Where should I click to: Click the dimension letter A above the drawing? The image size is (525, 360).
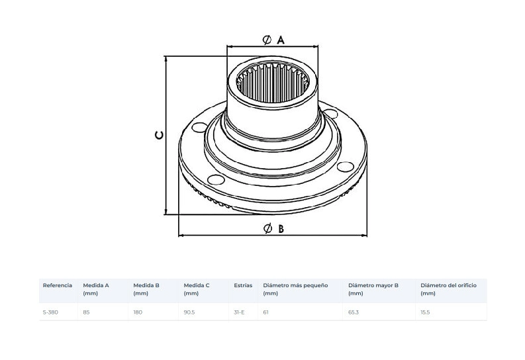[x=281, y=40]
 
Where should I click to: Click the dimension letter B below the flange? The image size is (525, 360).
[x=281, y=229]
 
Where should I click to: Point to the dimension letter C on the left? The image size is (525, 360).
[x=160, y=135]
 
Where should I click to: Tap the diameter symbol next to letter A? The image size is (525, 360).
[x=267, y=40]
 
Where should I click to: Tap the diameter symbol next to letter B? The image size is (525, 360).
[x=268, y=229]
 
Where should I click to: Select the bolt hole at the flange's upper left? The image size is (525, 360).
[x=199, y=128]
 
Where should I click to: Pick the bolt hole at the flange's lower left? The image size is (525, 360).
[x=216, y=179]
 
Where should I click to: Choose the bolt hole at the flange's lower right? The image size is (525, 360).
[x=345, y=167]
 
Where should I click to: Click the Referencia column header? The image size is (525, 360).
[x=57, y=285]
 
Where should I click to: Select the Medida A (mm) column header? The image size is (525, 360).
[x=96, y=289]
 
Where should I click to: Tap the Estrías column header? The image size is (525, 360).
[x=243, y=285]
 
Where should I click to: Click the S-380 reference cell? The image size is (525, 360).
[x=50, y=312]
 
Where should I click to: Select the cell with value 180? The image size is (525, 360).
[x=138, y=312]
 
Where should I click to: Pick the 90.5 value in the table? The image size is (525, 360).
[x=189, y=312]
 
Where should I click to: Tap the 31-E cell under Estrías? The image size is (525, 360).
[x=239, y=312]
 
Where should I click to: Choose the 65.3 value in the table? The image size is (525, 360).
[x=354, y=312]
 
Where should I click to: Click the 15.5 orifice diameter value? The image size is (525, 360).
[x=425, y=312]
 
